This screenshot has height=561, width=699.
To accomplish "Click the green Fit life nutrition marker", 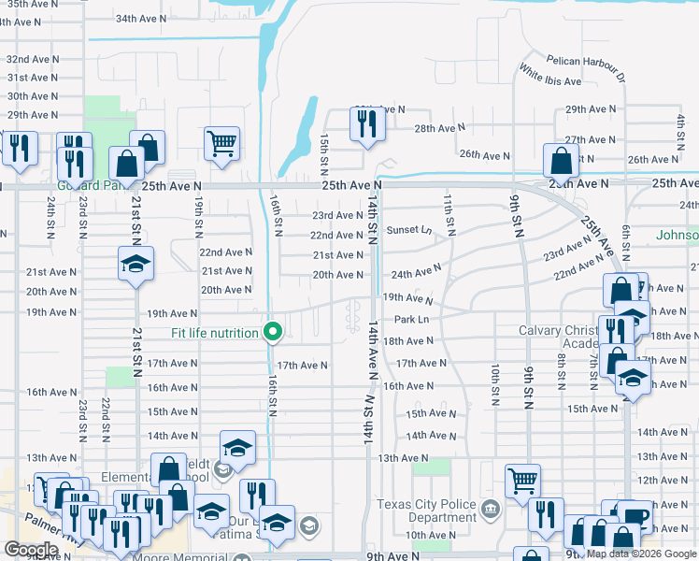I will (273, 332).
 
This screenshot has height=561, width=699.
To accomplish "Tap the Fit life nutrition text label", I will (216, 333).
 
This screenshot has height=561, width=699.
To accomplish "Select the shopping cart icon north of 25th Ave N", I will (222, 144).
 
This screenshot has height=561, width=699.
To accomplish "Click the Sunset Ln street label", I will (409, 230).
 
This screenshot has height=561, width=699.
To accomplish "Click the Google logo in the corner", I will (31, 550).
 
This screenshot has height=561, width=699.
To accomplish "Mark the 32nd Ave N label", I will (33, 58).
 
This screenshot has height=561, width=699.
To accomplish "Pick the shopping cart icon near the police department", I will (523, 481).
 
